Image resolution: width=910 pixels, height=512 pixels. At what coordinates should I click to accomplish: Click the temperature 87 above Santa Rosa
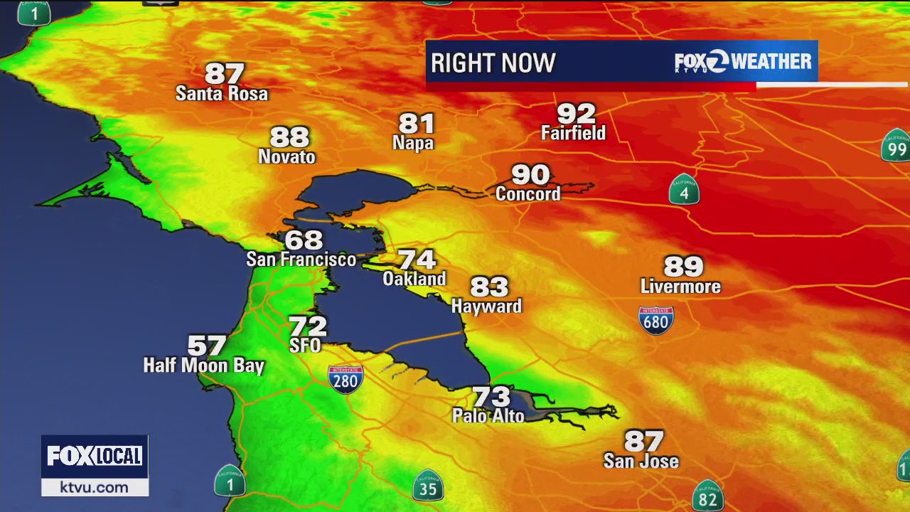click(x=225, y=74)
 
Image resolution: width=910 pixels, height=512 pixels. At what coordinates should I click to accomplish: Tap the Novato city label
click(x=287, y=156)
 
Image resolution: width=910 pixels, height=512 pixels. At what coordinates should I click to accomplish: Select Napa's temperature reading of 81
click(x=416, y=124)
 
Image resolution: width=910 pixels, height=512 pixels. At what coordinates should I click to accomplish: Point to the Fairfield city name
click(x=573, y=133)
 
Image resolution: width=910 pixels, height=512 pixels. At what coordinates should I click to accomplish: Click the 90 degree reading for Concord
click(x=530, y=174)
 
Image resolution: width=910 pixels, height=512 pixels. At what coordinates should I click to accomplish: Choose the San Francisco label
click(x=301, y=260)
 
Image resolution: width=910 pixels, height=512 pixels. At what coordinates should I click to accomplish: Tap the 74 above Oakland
click(x=417, y=260)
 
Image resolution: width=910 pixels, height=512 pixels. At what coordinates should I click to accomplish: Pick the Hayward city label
click(x=487, y=306)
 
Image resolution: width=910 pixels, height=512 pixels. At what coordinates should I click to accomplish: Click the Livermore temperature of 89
click(x=683, y=267)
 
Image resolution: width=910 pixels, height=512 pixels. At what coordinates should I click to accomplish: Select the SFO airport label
click(x=305, y=346)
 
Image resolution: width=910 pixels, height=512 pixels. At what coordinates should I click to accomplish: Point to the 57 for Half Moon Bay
click(x=207, y=346)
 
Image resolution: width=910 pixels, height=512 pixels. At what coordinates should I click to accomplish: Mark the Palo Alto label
click(x=488, y=416)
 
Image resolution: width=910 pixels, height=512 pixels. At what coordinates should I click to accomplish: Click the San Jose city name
click(x=641, y=462)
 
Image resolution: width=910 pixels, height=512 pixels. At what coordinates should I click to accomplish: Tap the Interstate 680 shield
click(x=655, y=320)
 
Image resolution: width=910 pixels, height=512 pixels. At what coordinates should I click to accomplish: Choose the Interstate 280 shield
click(x=346, y=379)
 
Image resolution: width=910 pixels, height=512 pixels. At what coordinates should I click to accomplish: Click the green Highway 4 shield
click(x=684, y=190)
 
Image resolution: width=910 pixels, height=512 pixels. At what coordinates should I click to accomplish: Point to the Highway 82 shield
click(x=707, y=496)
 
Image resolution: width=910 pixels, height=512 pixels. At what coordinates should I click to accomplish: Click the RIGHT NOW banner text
click(x=493, y=63)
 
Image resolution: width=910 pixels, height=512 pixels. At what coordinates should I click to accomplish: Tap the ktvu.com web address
click(x=94, y=487)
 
